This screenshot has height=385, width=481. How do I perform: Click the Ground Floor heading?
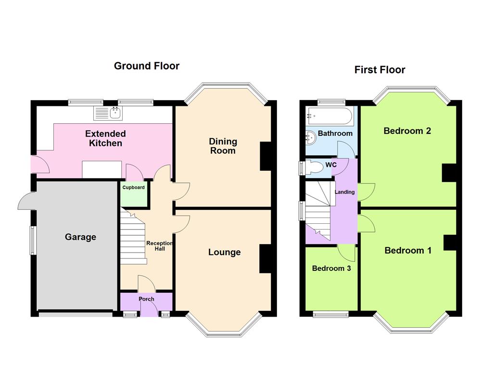coord(146,66)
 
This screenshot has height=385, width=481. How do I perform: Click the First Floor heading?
coord(380,70)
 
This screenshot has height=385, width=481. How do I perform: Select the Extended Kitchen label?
coord(105,138)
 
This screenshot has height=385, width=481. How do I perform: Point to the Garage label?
coord(80,237)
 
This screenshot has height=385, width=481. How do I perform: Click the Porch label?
coord(146,299)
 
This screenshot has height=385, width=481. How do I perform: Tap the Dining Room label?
coord(223,146)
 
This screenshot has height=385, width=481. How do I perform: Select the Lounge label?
coord(224,252)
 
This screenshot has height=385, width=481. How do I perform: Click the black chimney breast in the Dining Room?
coord(266,156)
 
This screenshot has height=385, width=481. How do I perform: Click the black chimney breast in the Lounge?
coord(266,259)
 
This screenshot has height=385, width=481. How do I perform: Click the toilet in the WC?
coord(314,167)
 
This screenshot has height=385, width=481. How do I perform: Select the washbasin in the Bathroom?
coord(310,137)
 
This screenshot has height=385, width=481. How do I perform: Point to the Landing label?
coord(344,192)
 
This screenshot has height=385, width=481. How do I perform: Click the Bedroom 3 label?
coord(331,269)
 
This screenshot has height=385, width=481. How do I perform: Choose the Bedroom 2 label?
coord(407,131)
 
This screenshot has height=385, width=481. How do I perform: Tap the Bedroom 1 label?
coord(408,250)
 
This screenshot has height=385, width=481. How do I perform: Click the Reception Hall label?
coord(159,246)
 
